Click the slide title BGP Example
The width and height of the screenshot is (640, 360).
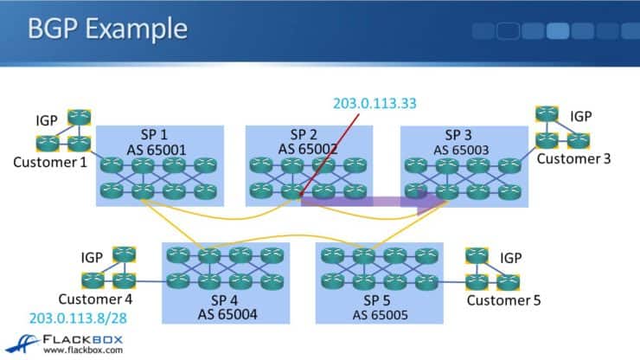[108, 30]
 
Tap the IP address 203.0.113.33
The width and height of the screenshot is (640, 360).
[375, 103]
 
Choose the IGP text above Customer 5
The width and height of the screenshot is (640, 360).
[511, 258]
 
